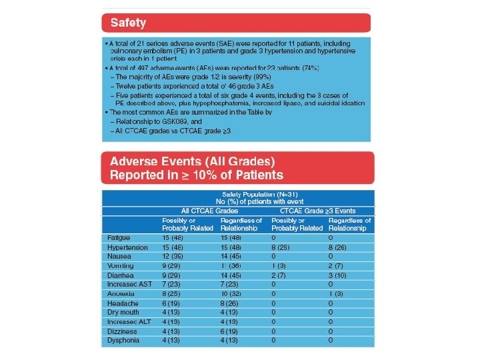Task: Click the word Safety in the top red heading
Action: tap(128, 23)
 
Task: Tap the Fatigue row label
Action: tap(119, 237)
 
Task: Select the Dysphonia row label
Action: tap(123, 340)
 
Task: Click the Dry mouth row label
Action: tap(123, 312)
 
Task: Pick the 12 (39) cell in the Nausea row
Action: tap(174, 256)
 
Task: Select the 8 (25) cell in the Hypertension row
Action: tap(285, 247)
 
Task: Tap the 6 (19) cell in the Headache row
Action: tap(174, 303)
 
